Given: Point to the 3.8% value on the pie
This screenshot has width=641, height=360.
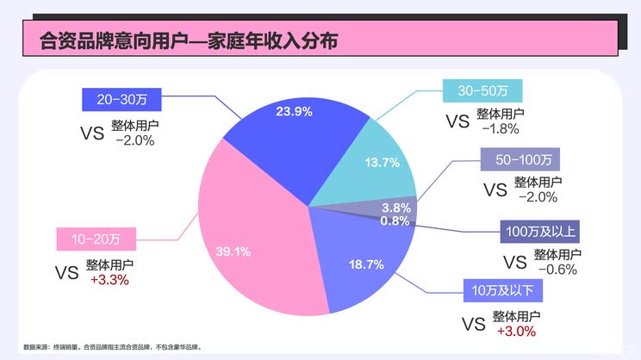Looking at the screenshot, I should click(395, 208).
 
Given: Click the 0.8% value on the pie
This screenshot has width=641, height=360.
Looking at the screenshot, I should click(395, 220).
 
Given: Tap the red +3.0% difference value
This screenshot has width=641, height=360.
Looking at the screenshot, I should click(516, 331).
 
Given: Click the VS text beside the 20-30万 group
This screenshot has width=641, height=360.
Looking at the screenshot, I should click(91, 133).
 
